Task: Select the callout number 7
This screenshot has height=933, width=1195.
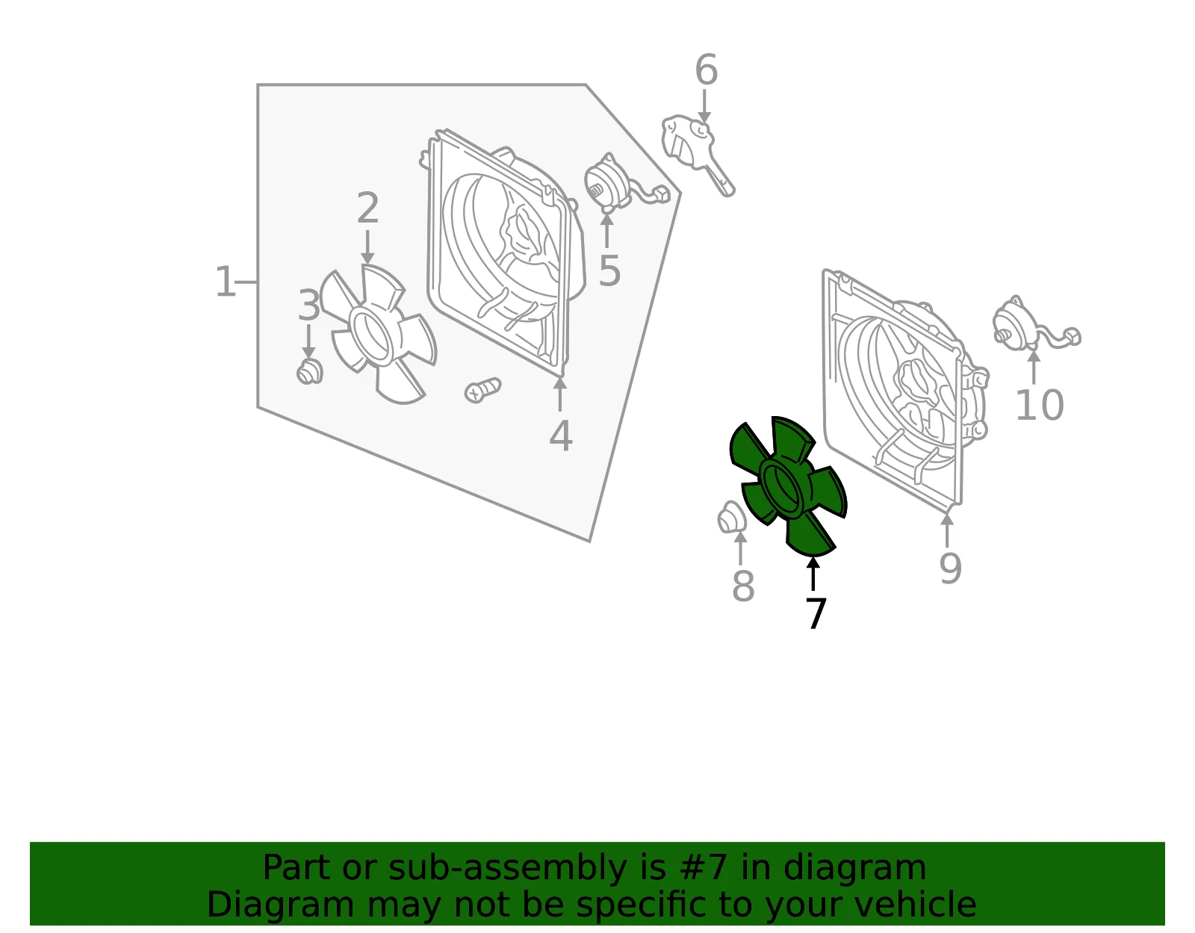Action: click(x=816, y=613)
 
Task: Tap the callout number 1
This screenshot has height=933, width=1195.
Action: click(x=225, y=282)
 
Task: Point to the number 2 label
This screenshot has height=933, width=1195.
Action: click(x=368, y=208)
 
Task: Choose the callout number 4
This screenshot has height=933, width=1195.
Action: click(x=560, y=436)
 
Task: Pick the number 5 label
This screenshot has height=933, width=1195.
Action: click(x=609, y=270)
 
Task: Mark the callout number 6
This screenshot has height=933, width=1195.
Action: click(x=706, y=69)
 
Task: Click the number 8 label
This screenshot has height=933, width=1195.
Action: click(x=743, y=586)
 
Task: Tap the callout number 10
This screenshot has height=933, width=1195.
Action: click(x=1040, y=405)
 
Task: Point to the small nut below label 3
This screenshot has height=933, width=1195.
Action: click(x=310, y=372)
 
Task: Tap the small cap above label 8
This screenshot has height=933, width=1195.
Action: click(x=732, y=518)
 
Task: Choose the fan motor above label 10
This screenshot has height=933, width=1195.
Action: click(x=1034, y=325)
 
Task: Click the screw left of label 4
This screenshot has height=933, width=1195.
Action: click(x=482, y=391)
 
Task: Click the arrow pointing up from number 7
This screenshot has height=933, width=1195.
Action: click(x=813, y=574)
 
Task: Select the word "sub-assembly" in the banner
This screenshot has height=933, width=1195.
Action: click(x=507, y=868)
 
